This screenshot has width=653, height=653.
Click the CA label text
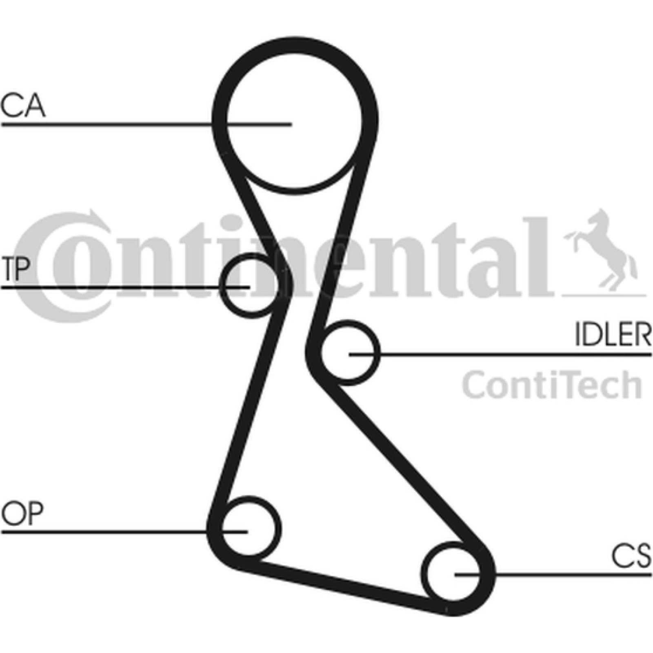23,106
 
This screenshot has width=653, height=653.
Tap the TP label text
16,269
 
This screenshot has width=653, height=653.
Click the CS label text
631,556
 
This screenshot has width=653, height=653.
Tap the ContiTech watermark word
552,384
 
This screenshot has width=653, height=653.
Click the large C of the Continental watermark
61,267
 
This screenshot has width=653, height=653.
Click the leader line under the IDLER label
500,354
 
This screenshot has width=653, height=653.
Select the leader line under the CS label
553,575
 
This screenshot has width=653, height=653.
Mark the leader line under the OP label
124,532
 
